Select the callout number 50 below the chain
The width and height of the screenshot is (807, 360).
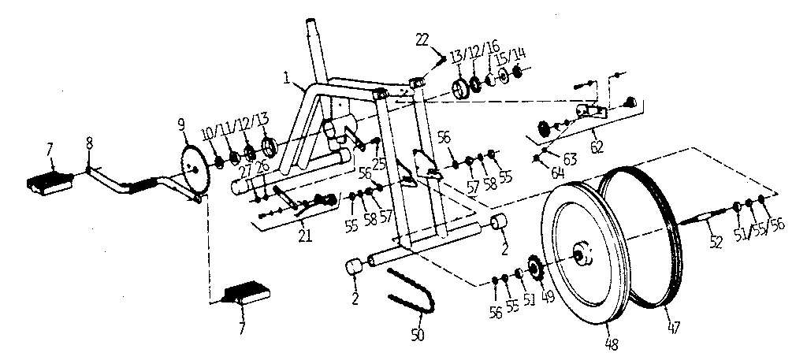coord(418,334)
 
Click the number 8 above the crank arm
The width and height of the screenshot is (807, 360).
coord(89,143)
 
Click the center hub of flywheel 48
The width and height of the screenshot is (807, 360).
coord(582,254)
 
